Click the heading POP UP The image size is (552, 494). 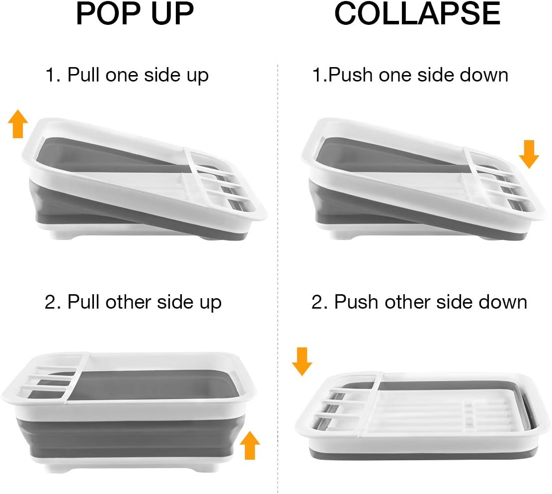pos(135,14)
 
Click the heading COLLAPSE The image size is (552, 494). pos(417,14)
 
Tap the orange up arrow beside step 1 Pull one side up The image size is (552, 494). pos(18,124)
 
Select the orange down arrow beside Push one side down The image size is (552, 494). pos(529,154)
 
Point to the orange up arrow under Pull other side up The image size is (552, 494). pos(250,445)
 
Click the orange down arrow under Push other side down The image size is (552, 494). pos(302,361)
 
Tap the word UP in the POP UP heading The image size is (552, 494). pos(170,14)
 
